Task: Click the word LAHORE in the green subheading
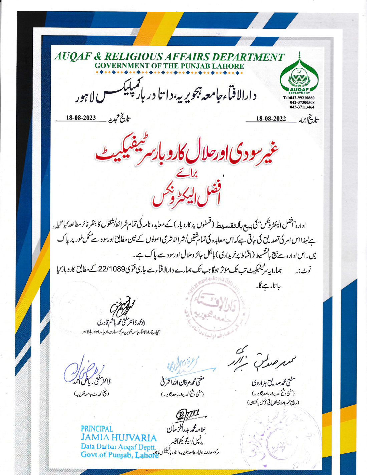(229, 66)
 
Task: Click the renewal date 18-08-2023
(81, 118)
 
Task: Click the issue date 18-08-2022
(271, 119)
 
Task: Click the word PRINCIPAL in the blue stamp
(97, 429)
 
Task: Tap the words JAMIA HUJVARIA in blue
(119, 437)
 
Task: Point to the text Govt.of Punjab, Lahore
(119, 455)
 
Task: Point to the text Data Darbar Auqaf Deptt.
(118, 446)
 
